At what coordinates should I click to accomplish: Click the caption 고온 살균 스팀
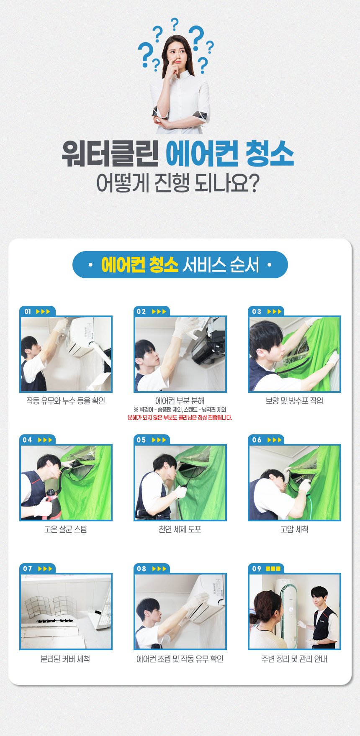coord(66,529)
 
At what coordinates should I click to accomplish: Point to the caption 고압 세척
coord(294,529)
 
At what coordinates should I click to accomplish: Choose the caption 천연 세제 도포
coord(180,529)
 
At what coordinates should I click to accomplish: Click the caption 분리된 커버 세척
coord(65,659)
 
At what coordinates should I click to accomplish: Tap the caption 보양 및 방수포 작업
coord(294,401)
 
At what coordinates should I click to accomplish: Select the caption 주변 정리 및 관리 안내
coord(294,659)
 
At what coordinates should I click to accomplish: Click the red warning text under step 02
coord(180,418)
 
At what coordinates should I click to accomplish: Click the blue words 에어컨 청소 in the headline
coord(230,154)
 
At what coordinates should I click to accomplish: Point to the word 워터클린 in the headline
coord(111,154)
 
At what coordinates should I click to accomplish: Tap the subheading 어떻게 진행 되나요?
coord(178,183)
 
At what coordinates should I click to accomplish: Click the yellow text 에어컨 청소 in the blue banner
coord(140,265)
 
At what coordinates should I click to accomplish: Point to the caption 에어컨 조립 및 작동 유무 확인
coord(180,659)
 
